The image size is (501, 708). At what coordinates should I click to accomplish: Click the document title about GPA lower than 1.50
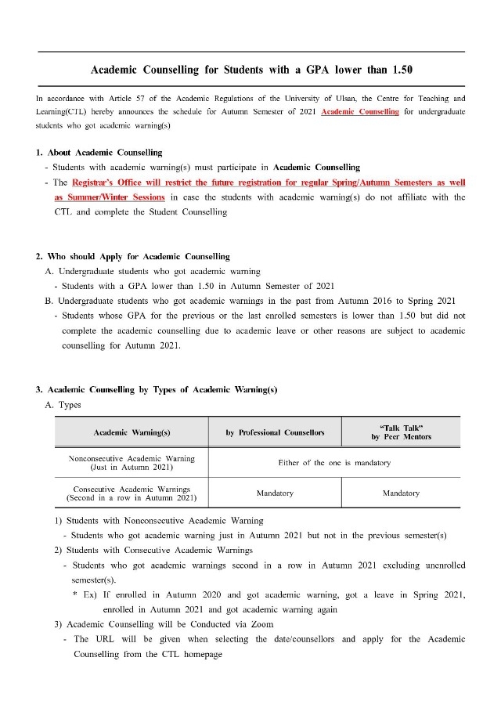tap(251, 70)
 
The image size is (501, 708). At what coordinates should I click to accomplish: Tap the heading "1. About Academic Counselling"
tap(99, 152)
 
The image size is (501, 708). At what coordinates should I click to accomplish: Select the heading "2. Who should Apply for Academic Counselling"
tap(133, 256)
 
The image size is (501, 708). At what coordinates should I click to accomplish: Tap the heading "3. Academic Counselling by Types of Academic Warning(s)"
tap(157, 390)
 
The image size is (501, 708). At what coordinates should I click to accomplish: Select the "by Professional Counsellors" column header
tap(275, 432)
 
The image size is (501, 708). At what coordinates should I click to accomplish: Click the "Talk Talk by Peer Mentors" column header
tap(401, 432)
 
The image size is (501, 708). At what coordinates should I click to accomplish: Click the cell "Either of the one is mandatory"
tap(334, 463)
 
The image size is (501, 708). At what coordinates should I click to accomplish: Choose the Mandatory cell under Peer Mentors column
tap(401, 493)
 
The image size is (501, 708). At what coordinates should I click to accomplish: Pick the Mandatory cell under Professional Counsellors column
tap(275, 493)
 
